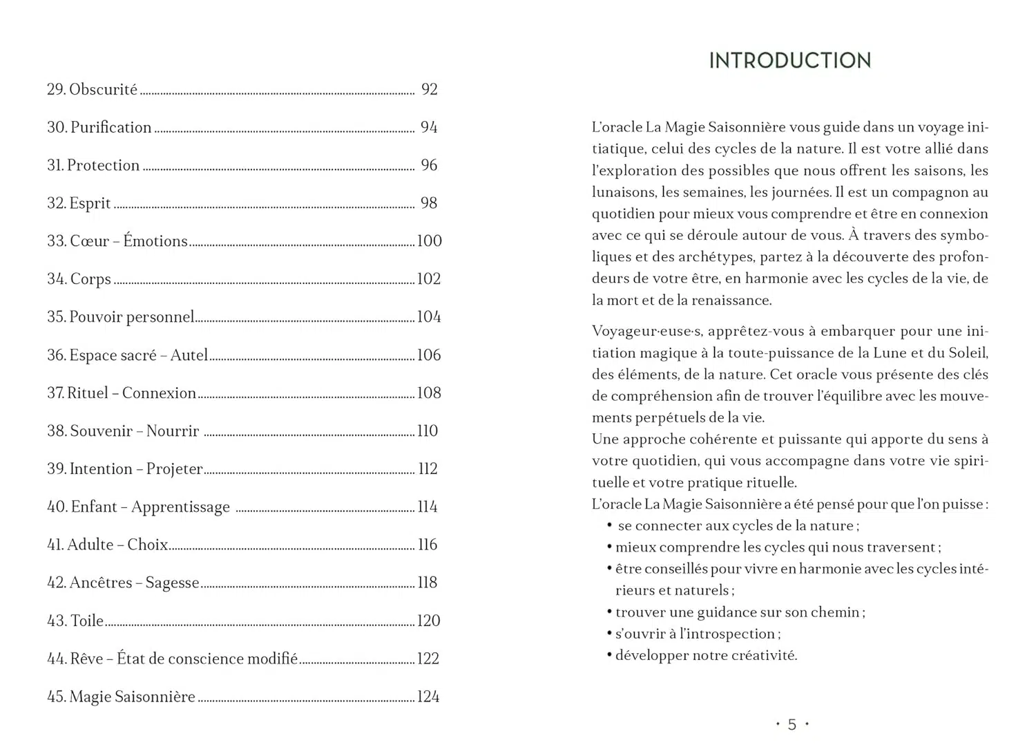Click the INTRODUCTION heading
(789, 61)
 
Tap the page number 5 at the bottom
(792, 724)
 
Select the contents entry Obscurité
(103, 89)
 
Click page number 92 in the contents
(429, 89)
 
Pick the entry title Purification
(111, 127)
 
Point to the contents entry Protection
(103, 165)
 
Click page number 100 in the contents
(429, 241)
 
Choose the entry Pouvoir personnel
(131, 317)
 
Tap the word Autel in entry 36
(189, 355)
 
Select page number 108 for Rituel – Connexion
(429, 393)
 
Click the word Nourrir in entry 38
(172, 431)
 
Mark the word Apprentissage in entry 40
(180, 507)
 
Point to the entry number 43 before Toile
(57, 621)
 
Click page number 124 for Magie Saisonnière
(428, 697)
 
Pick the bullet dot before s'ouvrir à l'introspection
(609, 634)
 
